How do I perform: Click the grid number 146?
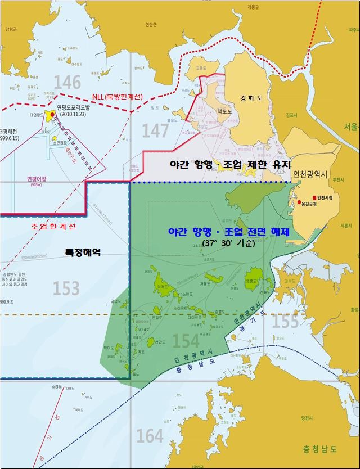67,83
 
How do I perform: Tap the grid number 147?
155,130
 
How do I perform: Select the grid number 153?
66,288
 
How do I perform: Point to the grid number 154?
186,341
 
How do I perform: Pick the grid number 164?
150,435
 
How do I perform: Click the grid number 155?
285,321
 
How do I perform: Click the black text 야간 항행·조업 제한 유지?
231,165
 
